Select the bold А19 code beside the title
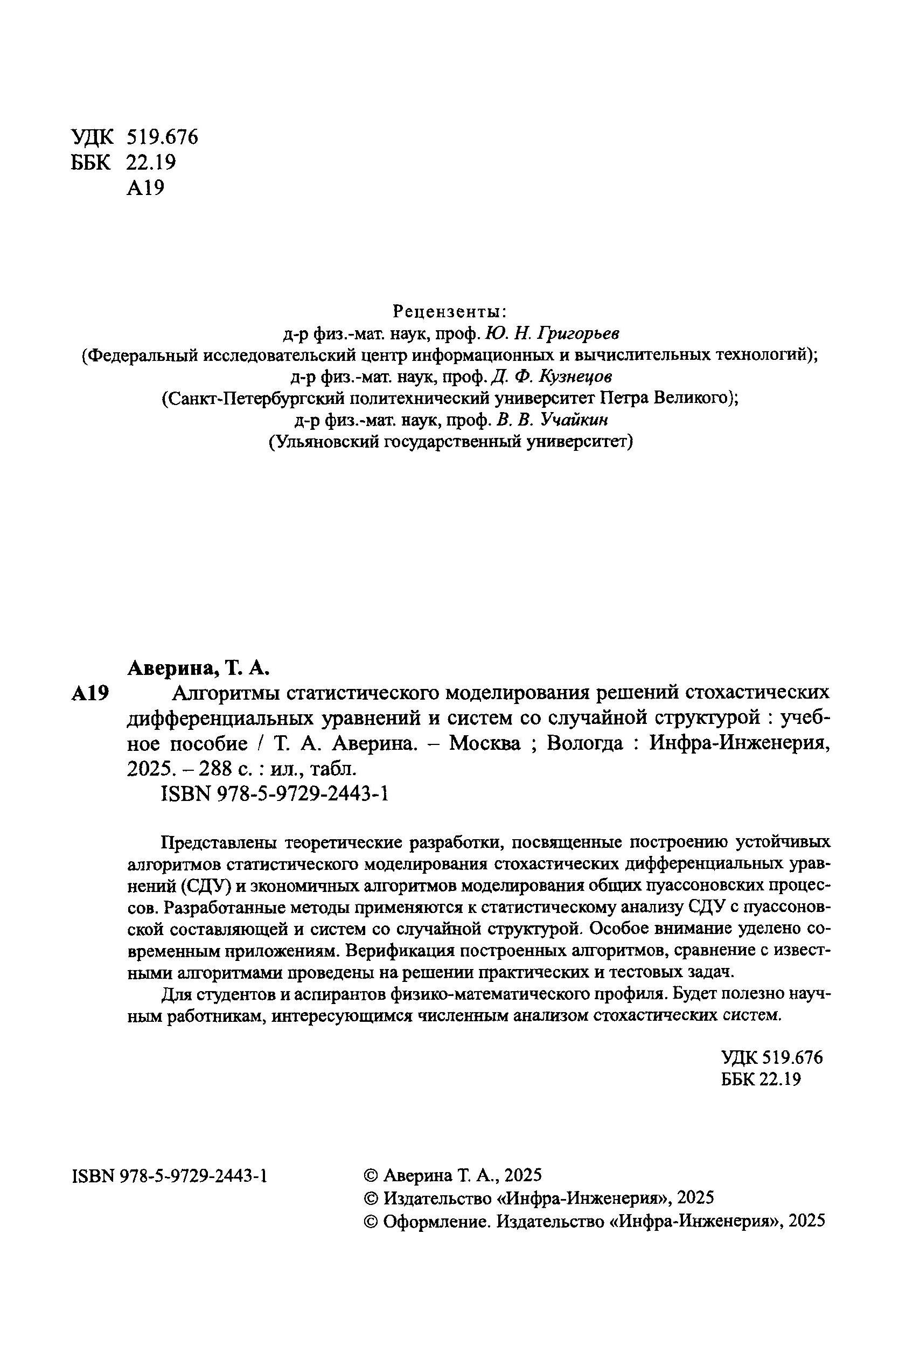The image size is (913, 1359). (x=90, y=693)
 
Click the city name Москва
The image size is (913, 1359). (x=486, y=743)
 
